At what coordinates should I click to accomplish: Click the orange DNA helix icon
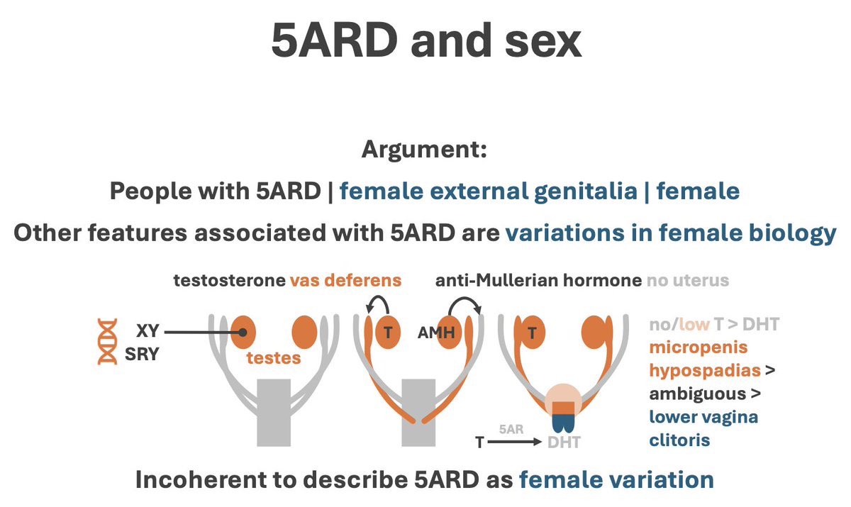pyautogui.click(x=107, y=342)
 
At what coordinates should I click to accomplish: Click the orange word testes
pyautogui.click(x=274, y=358)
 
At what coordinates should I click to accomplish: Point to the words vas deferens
pyautogui.click(x=345, y=280)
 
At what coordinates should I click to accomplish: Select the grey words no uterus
pyautogui.click(x=687, y=280)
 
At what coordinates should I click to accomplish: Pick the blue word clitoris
pyautogui.click(x=679, y=440)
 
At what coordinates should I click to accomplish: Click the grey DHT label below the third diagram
pyautogui.click(x=564, y=442)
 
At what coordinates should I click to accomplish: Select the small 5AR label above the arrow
pyautogui.click(x=513, y=429)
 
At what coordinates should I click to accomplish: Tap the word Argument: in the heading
pyautogui.click(x=424, y=150)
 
